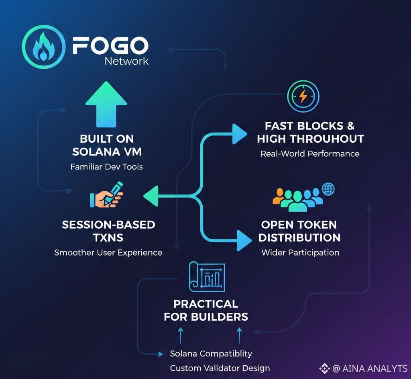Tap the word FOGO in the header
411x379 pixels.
[110, 46]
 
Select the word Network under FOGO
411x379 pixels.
[126, 61]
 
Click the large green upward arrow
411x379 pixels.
[106, 104]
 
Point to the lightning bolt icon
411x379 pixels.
[303, 96]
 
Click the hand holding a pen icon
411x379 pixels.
[106, 195]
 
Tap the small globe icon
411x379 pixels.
[328, 189]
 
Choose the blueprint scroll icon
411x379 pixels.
[207, 277]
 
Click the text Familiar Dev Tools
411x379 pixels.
[107, 167]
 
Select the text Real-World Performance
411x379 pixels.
[310, 154]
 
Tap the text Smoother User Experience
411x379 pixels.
[108, 252]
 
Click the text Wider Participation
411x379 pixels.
[300, 252]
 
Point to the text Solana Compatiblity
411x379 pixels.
[211, 354]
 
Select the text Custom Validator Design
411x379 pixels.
[220, 368]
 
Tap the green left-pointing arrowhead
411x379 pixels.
[151, 196]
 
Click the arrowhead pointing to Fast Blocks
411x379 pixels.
[240, 134]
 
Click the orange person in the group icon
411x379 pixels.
[279, 196]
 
